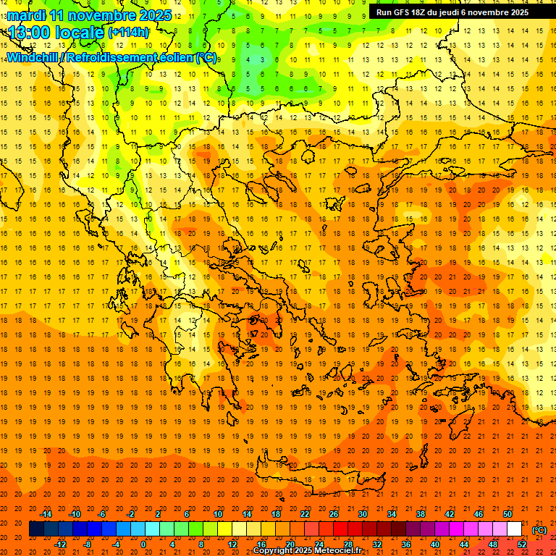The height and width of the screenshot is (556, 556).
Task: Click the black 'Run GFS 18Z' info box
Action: [x=452, y=12]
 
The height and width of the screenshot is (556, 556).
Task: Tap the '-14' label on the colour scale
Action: [x=46, y=514]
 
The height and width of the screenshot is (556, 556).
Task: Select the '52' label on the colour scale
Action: [x=522, y=544]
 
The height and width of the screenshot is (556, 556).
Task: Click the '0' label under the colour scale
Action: [x=143, y=544]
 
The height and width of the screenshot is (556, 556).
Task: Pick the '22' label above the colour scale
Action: [x=305, y=514]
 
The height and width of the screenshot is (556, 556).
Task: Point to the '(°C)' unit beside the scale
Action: [x=539, y=529]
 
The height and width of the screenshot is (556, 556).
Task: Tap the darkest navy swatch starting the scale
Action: [x=36, y=529]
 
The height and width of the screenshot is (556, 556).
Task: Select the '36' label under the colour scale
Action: [x=406, y=544]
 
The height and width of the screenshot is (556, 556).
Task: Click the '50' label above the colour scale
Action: [x=507, y=514]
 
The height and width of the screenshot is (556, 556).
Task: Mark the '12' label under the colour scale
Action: [x=232, y=544]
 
